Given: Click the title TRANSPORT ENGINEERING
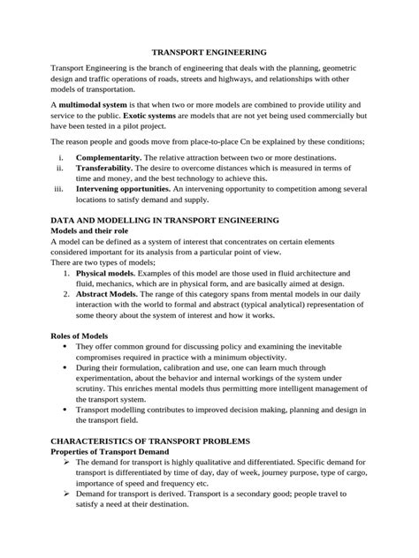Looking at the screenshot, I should [x=209, y=53].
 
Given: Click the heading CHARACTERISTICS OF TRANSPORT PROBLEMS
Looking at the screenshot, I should [x=152, y=441].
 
